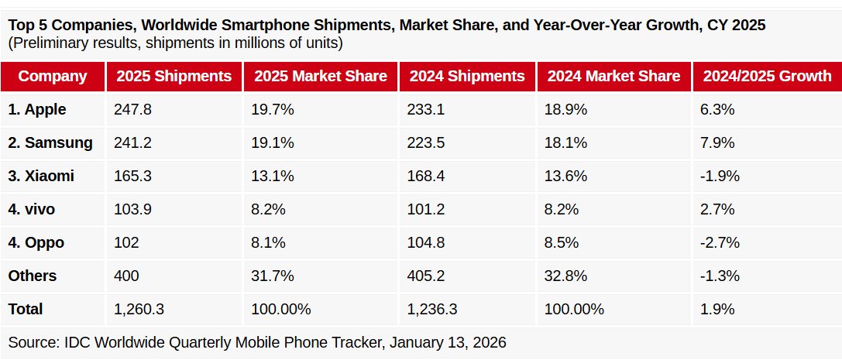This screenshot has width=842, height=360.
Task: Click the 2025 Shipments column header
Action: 174,76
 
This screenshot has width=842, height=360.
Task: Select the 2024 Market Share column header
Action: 613,76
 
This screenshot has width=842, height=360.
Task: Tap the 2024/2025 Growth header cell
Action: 767,76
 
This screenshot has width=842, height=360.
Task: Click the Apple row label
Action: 37,110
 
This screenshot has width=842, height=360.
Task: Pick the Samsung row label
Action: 50,143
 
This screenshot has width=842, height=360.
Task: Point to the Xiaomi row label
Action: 41,177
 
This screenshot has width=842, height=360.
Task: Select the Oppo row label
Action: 36,243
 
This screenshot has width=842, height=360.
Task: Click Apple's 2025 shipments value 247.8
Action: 132,110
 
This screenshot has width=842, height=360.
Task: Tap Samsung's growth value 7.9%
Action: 717,143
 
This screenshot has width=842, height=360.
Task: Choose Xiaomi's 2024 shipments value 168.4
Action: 425,177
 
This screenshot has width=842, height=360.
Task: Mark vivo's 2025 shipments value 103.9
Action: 132,210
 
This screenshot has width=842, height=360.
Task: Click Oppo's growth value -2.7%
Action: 720,243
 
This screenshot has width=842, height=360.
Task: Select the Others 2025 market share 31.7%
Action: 273,276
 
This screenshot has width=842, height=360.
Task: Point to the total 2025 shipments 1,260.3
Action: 139,310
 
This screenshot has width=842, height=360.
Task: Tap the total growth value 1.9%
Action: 717,310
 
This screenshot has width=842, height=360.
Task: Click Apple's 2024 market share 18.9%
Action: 565,110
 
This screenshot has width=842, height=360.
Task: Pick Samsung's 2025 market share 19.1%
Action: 273,143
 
